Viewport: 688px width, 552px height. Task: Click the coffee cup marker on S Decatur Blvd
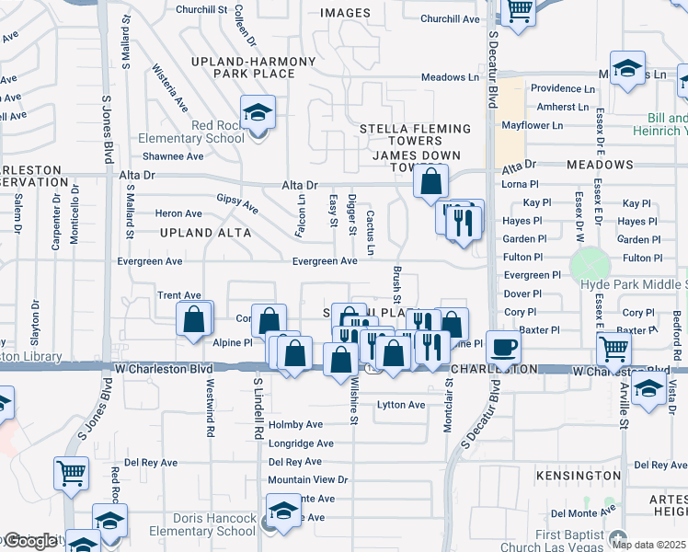(x=502, y=348)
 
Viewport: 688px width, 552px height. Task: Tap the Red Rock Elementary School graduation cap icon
(x=258, y=114)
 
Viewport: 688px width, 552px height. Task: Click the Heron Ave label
(x=179, y=213)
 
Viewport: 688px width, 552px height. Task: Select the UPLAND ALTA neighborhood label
(x=205, y=233)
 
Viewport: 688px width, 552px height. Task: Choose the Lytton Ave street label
(x=402, y=405)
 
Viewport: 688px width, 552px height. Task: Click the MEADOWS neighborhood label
(x=600, y=165)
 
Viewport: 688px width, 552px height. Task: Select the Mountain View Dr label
(x=308, y=479)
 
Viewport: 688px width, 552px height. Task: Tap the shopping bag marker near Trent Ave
(x=194, y=321)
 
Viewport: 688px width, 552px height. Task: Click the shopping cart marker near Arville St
(x=613, y=350)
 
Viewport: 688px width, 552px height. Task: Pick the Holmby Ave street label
(x=295, y=425)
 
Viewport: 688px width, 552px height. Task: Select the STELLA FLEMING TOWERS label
(x=401, y=134)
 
